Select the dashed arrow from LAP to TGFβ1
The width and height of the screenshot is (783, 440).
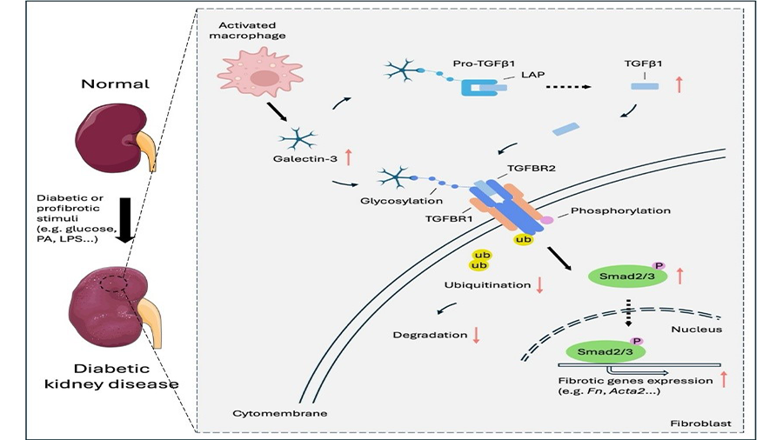point(569,87)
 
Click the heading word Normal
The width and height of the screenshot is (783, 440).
point(105,85)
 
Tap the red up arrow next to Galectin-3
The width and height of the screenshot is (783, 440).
point(348,157)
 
